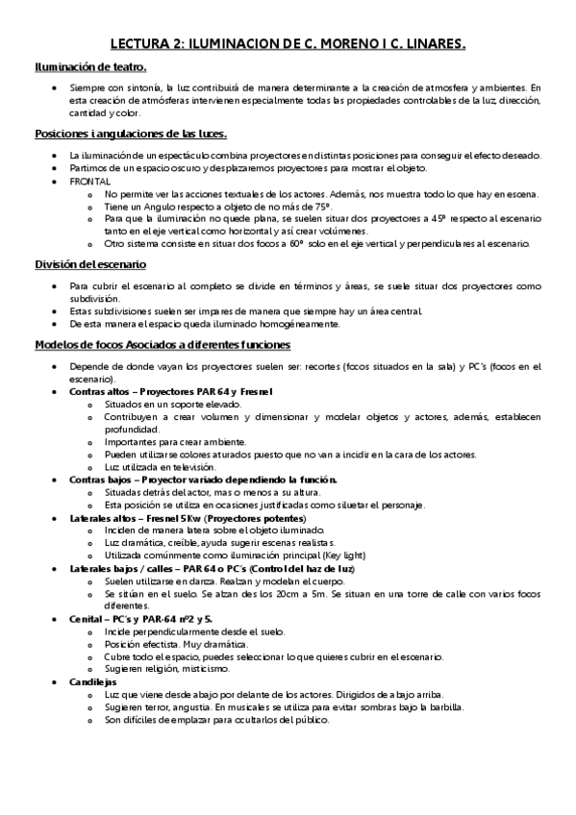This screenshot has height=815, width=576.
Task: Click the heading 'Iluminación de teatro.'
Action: (x=90, y=67)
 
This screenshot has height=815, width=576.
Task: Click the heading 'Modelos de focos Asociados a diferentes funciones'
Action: (x=155, y=344)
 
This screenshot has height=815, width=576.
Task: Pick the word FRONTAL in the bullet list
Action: (x=89, y=181)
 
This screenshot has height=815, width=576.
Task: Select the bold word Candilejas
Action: (x=93, y=654)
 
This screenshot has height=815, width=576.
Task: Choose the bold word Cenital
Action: (x=87, y=592)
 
